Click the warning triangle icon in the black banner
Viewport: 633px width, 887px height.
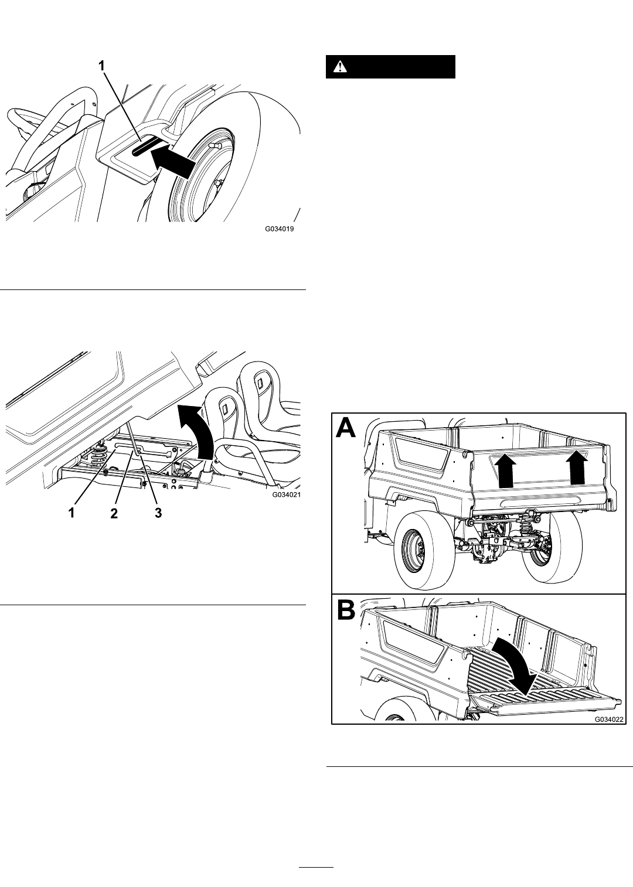[339, 67]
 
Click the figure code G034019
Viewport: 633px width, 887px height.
[279, 229]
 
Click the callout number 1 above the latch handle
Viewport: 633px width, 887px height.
[102, 66]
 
